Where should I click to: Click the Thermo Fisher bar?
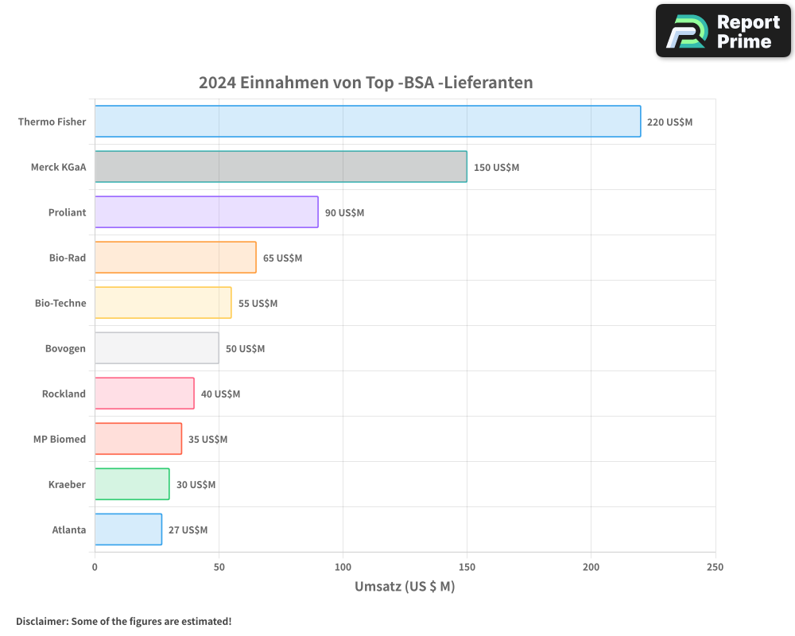[367, 122]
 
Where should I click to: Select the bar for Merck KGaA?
[281, 167]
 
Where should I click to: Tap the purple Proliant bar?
[206, 212]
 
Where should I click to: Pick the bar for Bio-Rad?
[175, 258]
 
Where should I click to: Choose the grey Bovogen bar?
[157, 348]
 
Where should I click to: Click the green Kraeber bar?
[132, 484]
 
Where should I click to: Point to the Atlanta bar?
[128, 529]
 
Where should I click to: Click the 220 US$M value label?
[669, 122]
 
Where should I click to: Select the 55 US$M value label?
[258, 304]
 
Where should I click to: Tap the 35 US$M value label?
[207, 440]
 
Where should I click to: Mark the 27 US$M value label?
[188, 530]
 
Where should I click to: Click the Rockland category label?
[64, 394]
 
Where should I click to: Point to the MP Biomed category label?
[60, 440]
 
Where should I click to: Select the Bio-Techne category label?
[60, 304]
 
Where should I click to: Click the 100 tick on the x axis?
[343, 567]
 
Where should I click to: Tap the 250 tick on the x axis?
[715, 567]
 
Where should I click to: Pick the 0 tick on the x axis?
[95, 567]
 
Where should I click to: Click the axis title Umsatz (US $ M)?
[404, 587]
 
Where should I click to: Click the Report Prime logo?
[723, 31]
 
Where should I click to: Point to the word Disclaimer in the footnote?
[41, 621]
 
